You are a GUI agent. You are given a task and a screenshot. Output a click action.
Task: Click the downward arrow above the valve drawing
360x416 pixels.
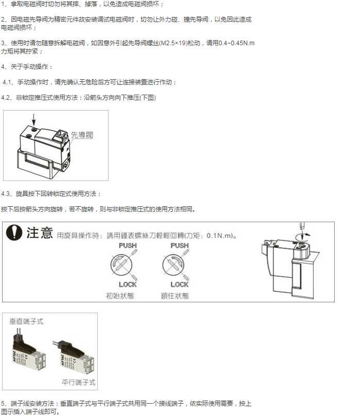click(34, 119)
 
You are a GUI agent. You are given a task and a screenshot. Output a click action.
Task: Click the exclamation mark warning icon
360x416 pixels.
click(14, 233)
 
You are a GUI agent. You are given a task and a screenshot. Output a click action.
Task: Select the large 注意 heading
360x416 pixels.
click(40, 233)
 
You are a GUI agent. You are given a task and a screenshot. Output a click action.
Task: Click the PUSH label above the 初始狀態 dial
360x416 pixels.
click(128, 245)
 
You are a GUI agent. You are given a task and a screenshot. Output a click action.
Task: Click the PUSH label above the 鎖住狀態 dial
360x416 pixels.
click(179, 245)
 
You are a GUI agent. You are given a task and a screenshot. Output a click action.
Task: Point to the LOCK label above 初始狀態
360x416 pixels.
click(128, 284)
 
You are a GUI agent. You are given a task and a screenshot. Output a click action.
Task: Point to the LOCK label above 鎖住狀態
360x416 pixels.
click(179, 284)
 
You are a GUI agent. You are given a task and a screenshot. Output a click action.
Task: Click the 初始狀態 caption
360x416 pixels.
click(121, 296)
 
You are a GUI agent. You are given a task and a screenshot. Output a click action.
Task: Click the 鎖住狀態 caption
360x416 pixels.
click(174, 296)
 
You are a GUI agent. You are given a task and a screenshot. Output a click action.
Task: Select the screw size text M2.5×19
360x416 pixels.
click(175, 43)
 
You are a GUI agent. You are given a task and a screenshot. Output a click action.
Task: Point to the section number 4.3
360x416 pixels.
click(6, 193)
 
